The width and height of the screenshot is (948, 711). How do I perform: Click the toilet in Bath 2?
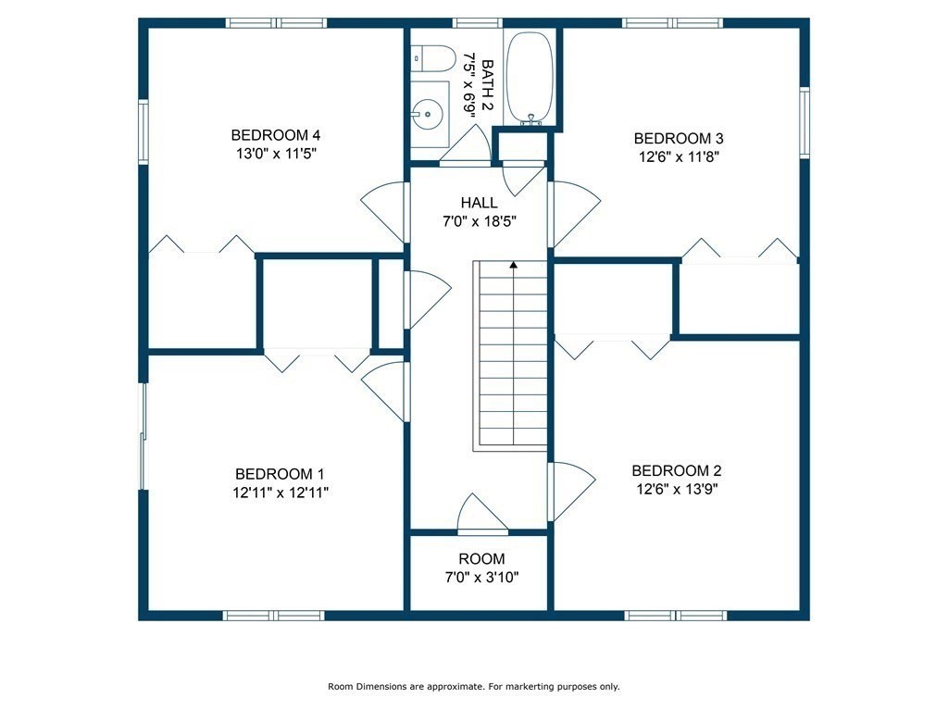(x=433, y=58)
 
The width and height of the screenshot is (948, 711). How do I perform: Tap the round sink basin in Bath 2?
(x=428, y=114)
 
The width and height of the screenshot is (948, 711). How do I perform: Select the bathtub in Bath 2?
(x=529, y=78)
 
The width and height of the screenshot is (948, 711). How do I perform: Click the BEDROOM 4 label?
(x=276, y=135)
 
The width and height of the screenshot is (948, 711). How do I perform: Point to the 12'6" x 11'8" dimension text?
(x=679, y=157)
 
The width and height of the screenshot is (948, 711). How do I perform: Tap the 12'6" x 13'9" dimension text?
(x=677, y=489)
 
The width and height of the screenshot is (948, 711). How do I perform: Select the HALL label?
(x=479, y=203)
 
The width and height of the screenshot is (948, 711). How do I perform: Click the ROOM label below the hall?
(x=481, y=558)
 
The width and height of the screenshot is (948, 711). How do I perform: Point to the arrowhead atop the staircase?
(x=513, y=264)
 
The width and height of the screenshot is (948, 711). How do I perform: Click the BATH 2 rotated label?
(x=488, y=85)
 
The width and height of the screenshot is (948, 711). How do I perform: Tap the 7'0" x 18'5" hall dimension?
(x=480, y=221)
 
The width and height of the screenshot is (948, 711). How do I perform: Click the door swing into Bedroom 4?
(x=382, y=212)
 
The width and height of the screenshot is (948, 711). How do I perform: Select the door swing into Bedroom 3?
(x=574, y=214)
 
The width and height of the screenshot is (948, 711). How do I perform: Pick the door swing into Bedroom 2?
(x=572, y=492)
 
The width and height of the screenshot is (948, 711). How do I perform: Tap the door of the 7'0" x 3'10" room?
(x=482, y=515)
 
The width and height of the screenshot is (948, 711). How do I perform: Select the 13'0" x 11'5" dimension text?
(x=276, y=154)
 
